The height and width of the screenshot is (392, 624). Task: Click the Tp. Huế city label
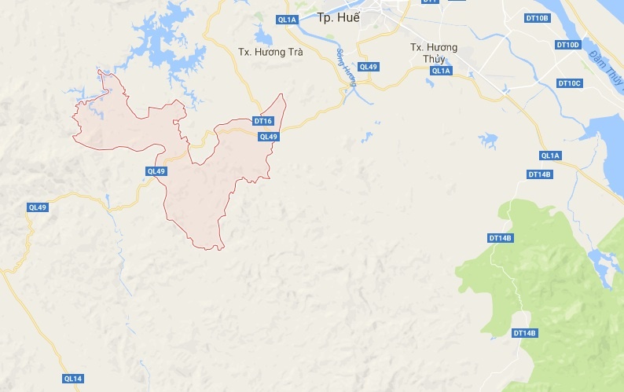coord(337,17)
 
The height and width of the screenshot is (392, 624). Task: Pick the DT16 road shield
coord(263,121)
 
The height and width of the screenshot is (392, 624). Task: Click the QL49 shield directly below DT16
coord(269,137)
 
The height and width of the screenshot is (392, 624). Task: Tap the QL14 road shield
coord(72,379)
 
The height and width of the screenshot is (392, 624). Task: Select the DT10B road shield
coord(538,17)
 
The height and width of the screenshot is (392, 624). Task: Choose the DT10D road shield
coord(568,45)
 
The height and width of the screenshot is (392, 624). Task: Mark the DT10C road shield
coord(569,83)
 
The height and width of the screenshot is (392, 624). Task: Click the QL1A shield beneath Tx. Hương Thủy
coord(442,71)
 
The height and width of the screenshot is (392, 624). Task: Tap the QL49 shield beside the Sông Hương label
coord(368,67)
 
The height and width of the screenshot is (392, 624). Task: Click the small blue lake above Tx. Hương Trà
coord(262,37)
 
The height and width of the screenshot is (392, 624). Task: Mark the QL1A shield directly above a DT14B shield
coord(550,155)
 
